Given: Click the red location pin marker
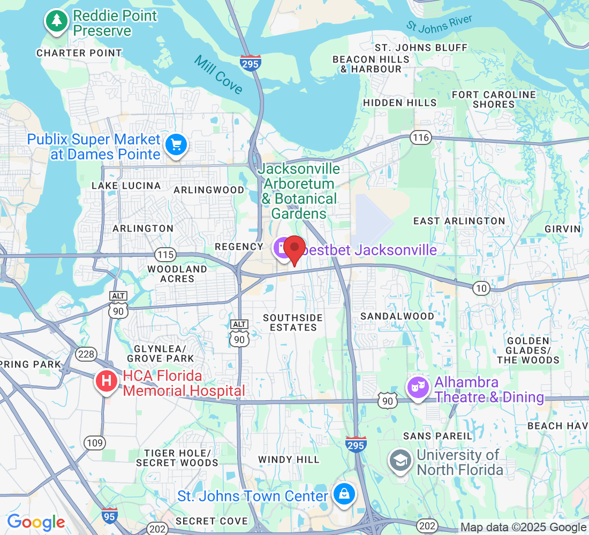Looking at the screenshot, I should [x=294, y=249].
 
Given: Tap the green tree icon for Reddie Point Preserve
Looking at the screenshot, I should [x=56, y=21].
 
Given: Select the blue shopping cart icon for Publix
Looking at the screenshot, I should [x=176, y=146].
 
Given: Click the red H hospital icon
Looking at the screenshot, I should [x=106, y=382].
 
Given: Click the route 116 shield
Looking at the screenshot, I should [x=421, y=137].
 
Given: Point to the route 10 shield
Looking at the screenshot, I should [x=481, y=288].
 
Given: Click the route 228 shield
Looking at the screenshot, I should [x=85, y=354].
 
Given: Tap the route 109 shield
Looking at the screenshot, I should [x=94, y=442].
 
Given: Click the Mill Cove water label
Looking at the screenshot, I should [x=218, y=74].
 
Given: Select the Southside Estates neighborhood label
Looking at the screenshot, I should [x=293, y=322].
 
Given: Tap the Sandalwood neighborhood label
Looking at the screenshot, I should [x=397, y=316].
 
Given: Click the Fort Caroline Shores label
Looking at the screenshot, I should [x=494, y=100].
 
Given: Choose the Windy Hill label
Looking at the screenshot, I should [x=289, y=460].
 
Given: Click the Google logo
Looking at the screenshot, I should [x=36, y=522].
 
